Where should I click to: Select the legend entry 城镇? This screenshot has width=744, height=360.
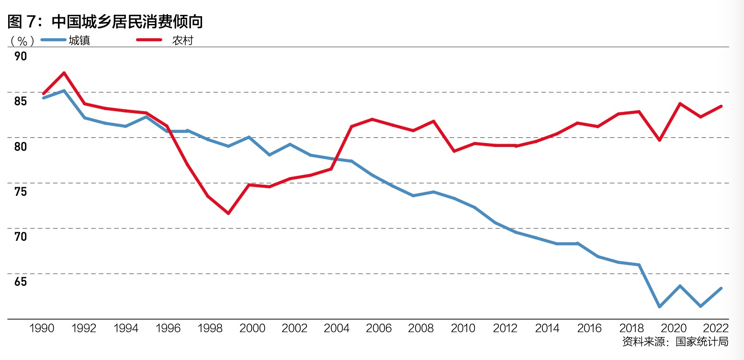(x=79, y=40)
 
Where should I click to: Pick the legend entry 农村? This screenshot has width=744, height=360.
(x=182, y=40)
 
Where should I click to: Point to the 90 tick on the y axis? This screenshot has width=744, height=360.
(x=21, y=56)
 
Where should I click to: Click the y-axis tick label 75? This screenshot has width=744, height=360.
(x=21, y=191)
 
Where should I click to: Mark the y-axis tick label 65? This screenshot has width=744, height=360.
(x=21, y=281)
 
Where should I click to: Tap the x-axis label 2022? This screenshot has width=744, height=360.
(x=716, y=328)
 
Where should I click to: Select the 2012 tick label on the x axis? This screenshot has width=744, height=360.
(x=506, y=328)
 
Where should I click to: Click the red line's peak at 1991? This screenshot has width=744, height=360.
(x=64, y=73)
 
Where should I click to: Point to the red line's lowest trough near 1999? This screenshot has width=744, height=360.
(x=228, y=213)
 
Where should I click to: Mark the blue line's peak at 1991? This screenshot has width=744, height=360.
(x=64, y=90)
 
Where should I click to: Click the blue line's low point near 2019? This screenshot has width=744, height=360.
(x=660, y=306)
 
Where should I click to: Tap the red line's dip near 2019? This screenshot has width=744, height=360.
(x=660, y=140)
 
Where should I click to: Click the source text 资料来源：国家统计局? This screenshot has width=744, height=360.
(x=675, y=342)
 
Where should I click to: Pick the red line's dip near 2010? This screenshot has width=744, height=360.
(x=453, y=151)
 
